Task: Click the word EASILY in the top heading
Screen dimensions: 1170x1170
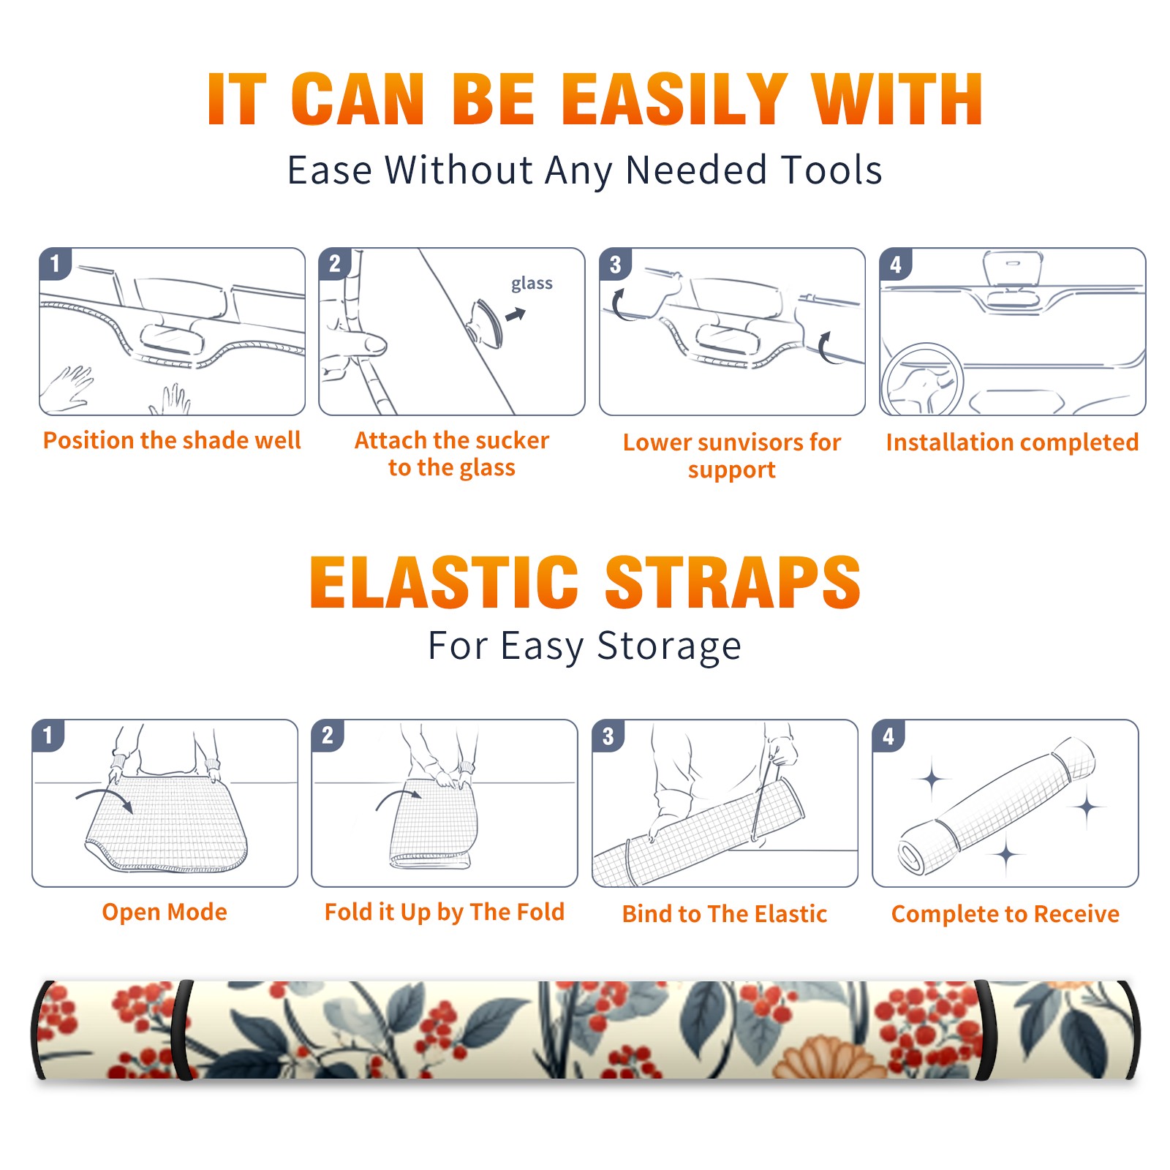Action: [675, 99]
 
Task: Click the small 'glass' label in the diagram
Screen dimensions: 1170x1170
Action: [532, 284]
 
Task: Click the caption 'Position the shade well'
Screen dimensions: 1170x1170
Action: [172, 440]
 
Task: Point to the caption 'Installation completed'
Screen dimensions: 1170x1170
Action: [1012, 442]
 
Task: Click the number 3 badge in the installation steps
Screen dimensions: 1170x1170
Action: [615, 264]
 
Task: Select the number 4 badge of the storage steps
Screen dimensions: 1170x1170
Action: [888, 736]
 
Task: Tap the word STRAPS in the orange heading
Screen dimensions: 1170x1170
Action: [733, 582]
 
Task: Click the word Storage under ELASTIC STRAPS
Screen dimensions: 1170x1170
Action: [668, 646]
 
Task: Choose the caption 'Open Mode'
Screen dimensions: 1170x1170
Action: [165, 912]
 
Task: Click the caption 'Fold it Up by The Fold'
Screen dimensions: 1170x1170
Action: [445, 912]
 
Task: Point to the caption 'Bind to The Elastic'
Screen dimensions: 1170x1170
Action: [725, 914]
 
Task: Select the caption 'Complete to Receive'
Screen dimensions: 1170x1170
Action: [1005, 914]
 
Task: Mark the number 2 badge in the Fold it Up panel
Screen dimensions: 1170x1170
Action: [327, 736]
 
